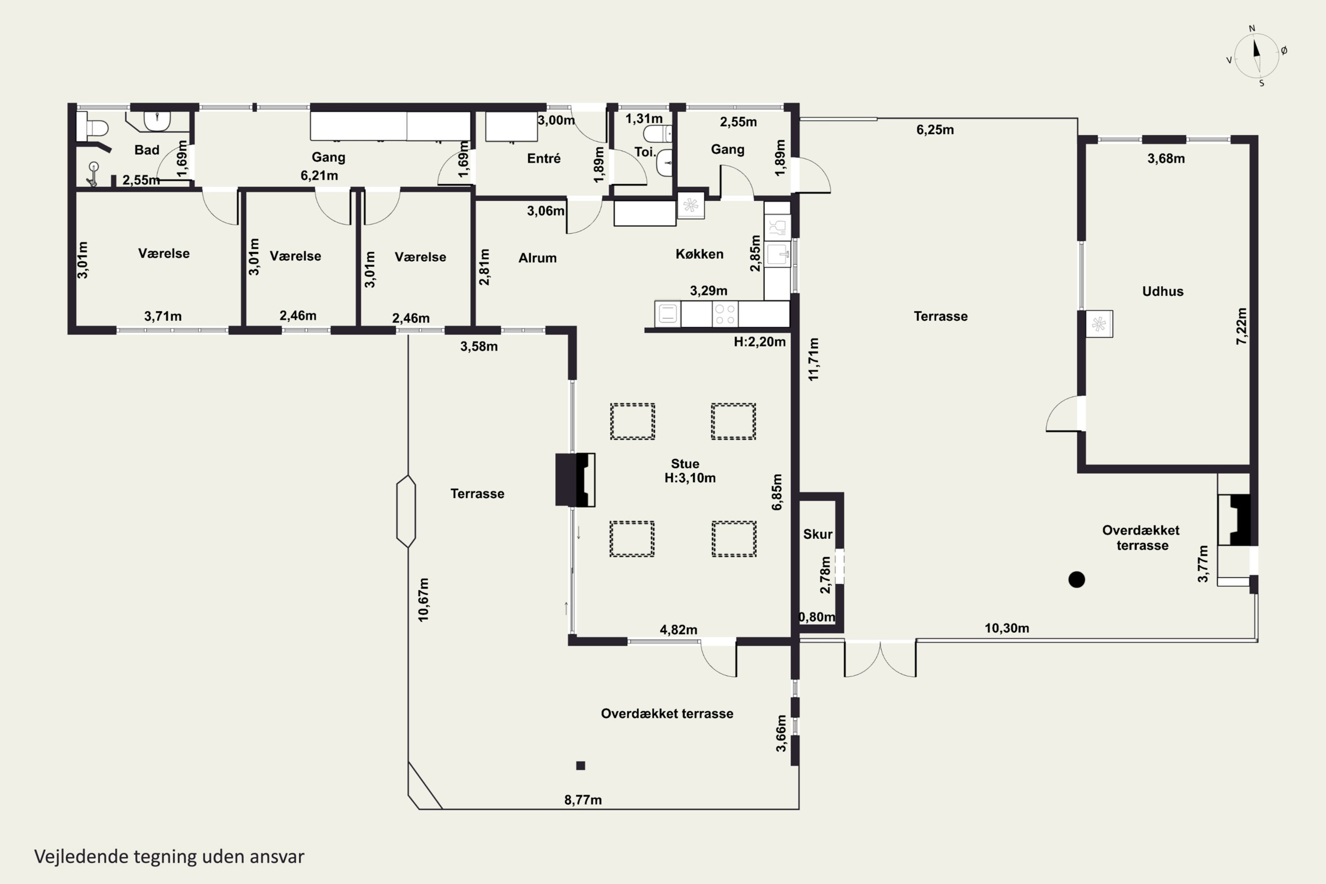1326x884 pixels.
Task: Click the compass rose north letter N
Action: pyautogui.click(x=1252, y=29)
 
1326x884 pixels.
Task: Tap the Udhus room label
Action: pyautogui.click(x=1162, y=291)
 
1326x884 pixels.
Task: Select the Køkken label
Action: pyautogui.click(x=699, y=254)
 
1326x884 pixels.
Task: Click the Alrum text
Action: pyautogui.click(x=537, y=258)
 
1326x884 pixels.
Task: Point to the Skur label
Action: pyautogui.click(x=817, y=534)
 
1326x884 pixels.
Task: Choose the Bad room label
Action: pyautogui.click(x=147, y=150)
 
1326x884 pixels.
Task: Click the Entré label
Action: pyautogui.click(x=544, y=158)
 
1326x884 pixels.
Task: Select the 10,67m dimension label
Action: pyautogui.click(x=423, y=600)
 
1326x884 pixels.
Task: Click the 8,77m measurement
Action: pyautogui.click(x=583, y=800)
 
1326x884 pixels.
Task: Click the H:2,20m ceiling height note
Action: pyautogui.click(x=759, y=342)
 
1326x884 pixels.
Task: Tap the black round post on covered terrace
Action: pyautogui.click(x=1077, y=579)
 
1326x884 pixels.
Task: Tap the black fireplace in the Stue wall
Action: pyautogui.click(x=575, y=480)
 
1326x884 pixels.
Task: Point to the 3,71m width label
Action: pyautogui.click(x=163, y=317)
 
